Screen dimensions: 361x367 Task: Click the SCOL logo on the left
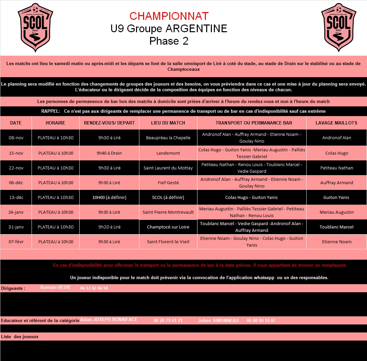[x=35, y=28]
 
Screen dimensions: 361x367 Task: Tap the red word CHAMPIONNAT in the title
[x=169, y=16]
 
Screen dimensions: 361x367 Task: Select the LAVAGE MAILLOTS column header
[x=336, y=123]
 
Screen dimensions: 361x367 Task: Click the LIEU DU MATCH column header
[x=168, y=123]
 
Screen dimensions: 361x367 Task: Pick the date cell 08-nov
[x=16, y=138]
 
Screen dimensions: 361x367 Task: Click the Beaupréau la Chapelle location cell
[x=168, y=138]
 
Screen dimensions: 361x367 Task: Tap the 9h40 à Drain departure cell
[x=109, y=153]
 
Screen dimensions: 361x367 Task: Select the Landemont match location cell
[x=168, y=153]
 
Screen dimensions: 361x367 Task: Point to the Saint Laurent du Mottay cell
[x=168, y=168]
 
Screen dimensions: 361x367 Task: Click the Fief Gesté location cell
[x=168, y=183]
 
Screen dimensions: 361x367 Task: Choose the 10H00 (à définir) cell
[x=109, y=198]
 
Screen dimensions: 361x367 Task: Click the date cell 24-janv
[x=16, y=212]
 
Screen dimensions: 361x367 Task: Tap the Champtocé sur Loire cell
[x=168, y=227]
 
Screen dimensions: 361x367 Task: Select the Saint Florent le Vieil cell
[x=168, y=242]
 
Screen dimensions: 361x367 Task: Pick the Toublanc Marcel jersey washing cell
[x=336, y=227]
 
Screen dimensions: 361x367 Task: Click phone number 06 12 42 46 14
[x=94, y=288]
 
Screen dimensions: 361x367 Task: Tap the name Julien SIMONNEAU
[x=218, y=320]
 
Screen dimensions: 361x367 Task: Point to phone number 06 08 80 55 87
[x=261, y=320]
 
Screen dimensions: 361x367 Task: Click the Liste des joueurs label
[x=19, y=337]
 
